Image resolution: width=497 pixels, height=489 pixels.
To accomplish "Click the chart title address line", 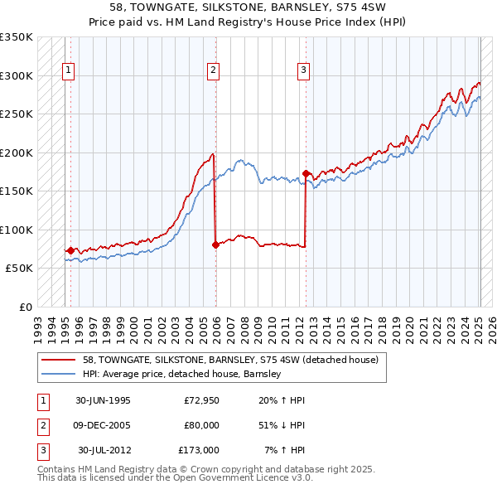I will (248, 7).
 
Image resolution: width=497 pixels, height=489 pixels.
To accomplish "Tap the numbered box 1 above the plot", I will (67, 71).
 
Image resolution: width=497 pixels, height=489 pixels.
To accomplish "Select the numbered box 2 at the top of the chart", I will (213, 71).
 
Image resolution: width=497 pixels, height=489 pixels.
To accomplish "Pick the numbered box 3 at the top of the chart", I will (304, 71).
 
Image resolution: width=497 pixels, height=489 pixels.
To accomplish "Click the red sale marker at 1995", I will (70, 250).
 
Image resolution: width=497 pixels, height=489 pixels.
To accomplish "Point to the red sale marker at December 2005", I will (215, 244).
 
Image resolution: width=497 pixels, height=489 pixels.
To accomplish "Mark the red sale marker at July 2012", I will (306, 173).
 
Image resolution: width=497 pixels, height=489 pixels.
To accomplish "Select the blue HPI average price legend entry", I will (182, 374).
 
